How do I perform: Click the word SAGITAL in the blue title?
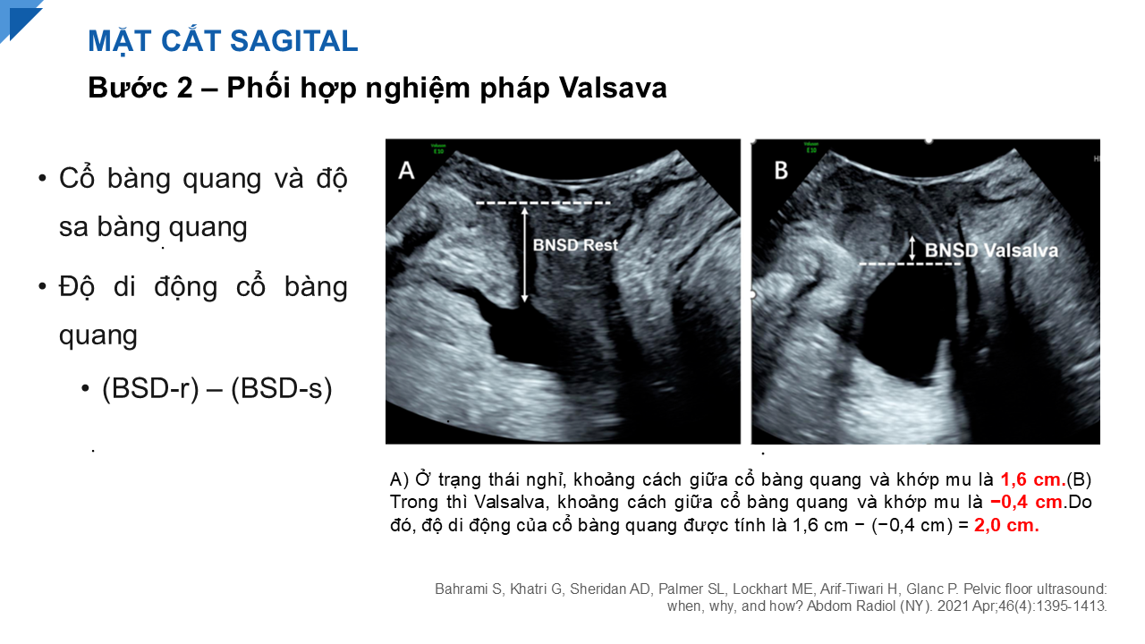293,41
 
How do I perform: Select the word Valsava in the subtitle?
613,88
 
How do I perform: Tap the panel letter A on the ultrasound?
406,170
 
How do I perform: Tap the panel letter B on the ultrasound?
781,170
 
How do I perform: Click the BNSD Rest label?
575,245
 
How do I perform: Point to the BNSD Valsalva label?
991,250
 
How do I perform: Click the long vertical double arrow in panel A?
524,255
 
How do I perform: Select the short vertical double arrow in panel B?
912,248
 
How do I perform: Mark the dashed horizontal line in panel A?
543,203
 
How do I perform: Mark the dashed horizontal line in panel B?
910,264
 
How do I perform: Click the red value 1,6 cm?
1032,479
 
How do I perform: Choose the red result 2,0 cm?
1006,525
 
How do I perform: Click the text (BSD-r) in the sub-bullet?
150,388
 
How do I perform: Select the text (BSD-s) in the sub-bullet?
282,388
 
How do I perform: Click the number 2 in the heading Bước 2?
184,88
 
